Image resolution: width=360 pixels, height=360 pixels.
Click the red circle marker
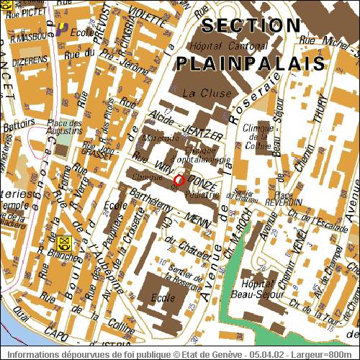[x=179, y=179]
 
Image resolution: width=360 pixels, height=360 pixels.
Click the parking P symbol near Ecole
[x=63, y=28]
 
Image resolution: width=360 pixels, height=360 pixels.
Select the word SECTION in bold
[x=251, y=26]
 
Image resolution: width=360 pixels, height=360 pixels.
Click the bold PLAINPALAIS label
[x=249, y=63]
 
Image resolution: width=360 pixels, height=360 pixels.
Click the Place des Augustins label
[x=64, y=127]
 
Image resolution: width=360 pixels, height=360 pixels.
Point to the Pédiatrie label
[x=201, y=194]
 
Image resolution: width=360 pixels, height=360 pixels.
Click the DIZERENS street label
[x=25, y=62]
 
